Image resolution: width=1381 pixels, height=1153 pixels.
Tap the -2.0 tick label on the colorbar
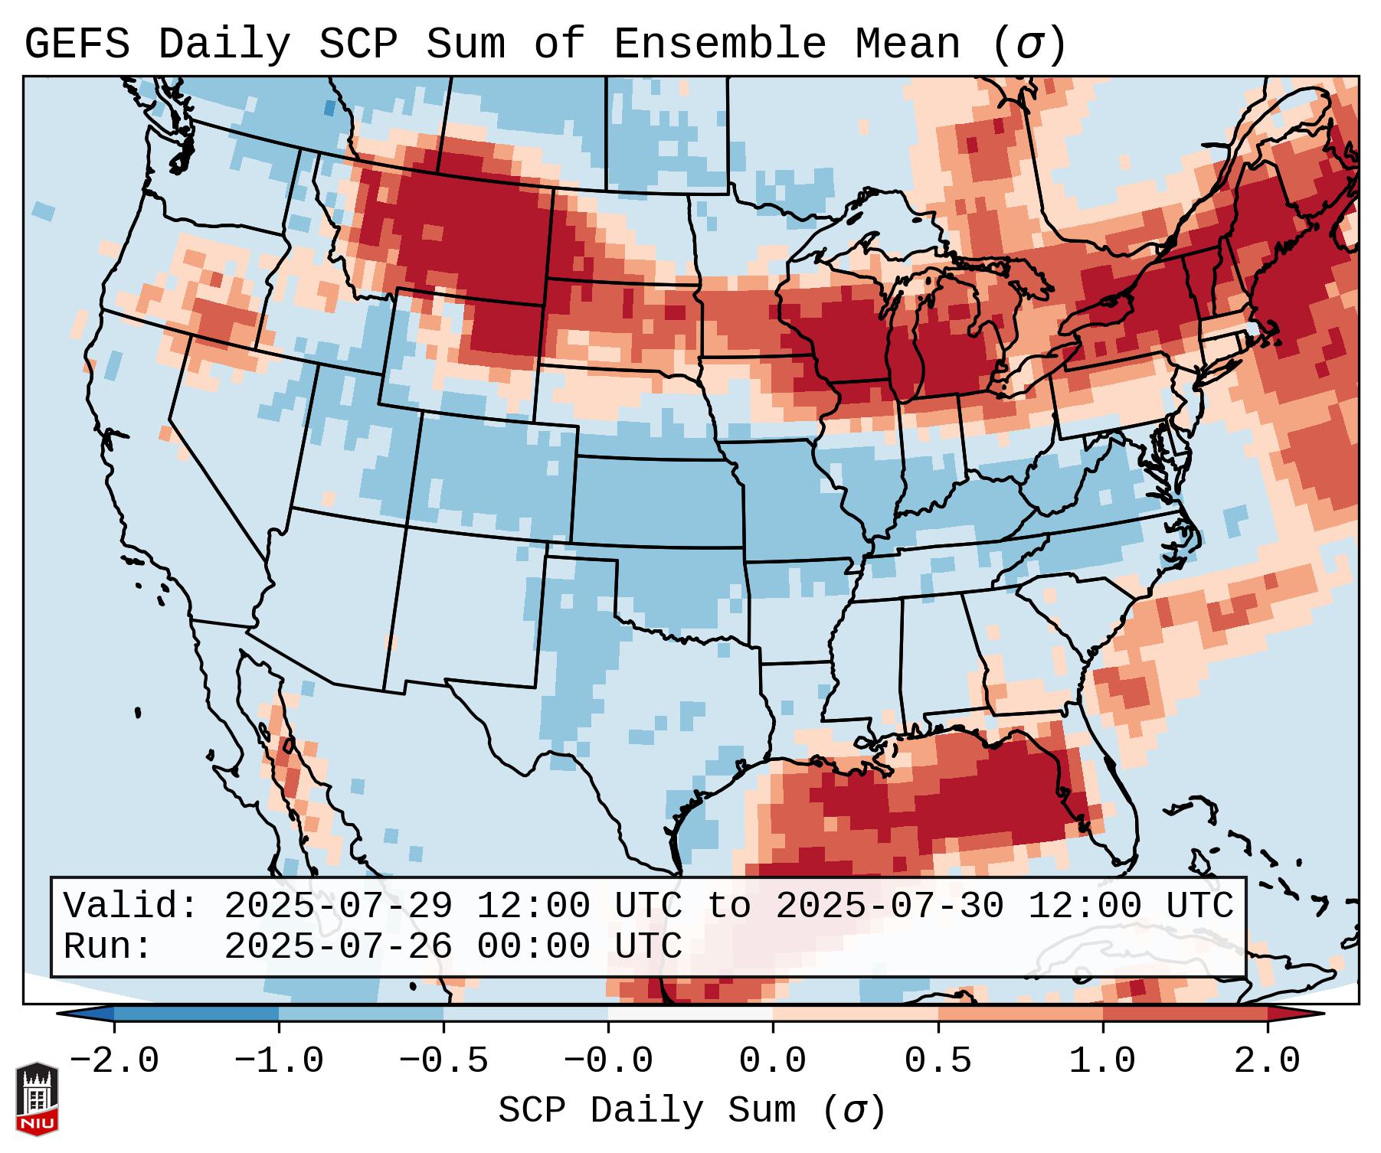113,1061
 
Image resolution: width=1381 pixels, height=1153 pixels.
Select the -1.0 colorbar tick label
278,1061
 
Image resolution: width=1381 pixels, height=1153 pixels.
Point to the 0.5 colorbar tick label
938,1061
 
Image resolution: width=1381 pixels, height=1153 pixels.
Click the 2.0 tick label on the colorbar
1267,1061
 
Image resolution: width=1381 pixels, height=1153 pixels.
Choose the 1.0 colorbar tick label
1102,1061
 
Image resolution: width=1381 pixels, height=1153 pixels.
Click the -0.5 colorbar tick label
443,1061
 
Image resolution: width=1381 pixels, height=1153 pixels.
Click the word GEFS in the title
77,44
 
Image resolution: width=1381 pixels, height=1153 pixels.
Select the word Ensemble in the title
719,44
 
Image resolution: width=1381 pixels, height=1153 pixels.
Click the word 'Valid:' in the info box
131,906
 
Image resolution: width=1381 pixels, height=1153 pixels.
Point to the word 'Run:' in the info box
108,947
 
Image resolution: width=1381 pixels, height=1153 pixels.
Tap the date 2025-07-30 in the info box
888,906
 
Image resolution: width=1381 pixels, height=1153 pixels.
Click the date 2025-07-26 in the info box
338,947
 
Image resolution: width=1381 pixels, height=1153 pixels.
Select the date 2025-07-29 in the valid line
338,906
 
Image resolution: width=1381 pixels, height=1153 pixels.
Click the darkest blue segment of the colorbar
196,1014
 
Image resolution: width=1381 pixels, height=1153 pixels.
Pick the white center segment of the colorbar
690,1014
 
